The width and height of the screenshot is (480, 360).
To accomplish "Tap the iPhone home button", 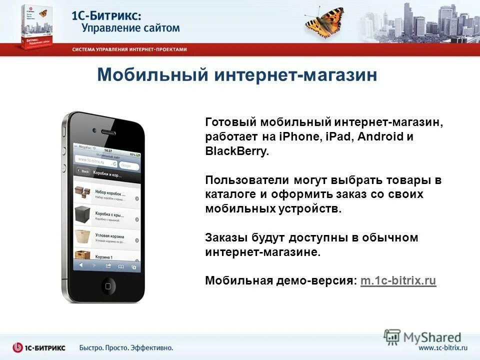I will (108, 286).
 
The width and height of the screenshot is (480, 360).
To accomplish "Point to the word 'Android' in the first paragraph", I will (380, 136).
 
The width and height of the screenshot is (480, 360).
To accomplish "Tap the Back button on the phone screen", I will (83, 171).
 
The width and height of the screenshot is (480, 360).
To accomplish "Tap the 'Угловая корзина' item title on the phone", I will (109, 235).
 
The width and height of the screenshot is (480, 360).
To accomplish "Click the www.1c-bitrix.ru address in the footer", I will (442, 347).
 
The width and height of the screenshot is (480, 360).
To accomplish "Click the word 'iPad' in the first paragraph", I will (341, 136).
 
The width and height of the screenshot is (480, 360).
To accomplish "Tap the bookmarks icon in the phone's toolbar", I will (120, 266).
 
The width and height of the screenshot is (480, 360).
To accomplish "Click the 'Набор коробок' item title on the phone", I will (110, 193).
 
